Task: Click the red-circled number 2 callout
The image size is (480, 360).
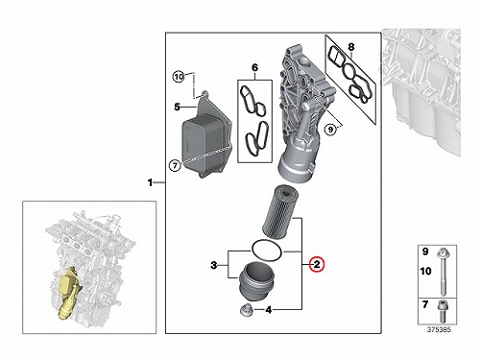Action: (317, 265)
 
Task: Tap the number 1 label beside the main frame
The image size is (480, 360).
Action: (150, 182)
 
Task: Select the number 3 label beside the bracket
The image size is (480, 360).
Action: (214, 265)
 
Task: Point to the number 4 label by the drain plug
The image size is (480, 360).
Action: (269, 310)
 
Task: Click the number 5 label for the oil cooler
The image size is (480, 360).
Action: (177, 107)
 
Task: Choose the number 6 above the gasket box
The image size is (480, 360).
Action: (254, 67)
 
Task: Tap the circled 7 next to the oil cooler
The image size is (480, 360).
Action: (175, 165)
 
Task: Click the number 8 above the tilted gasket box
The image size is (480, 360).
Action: (351, 47)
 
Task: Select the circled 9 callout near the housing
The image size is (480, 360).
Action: (330, 130)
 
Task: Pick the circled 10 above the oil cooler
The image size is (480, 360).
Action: (179, 77)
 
